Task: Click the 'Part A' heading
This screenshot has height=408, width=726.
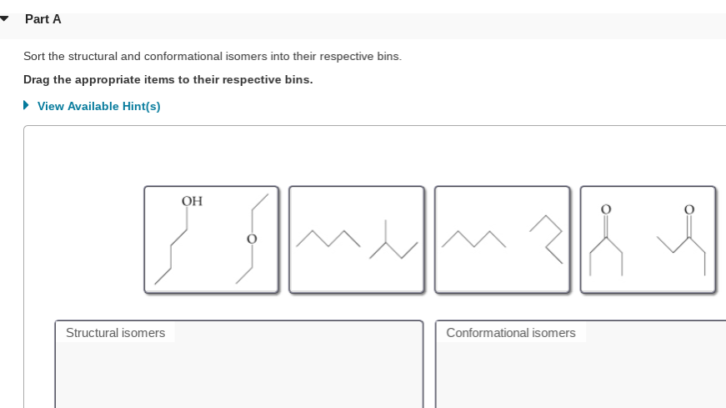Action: [x=43, y=18]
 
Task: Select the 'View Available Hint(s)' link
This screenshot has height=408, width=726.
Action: [x=98, y=106]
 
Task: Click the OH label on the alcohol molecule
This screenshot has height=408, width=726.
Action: [x=192, y=201]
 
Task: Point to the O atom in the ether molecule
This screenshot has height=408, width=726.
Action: [x=249, y=239]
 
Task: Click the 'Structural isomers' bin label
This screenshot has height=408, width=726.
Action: [x=115, y=333]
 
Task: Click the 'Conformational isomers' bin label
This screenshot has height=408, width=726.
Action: [x=510, y=333]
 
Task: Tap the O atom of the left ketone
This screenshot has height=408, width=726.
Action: [x=606, y=209]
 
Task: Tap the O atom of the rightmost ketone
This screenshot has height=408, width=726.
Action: [x=688, y=209]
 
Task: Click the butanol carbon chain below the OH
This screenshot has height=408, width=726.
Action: [x=176, y=250]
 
